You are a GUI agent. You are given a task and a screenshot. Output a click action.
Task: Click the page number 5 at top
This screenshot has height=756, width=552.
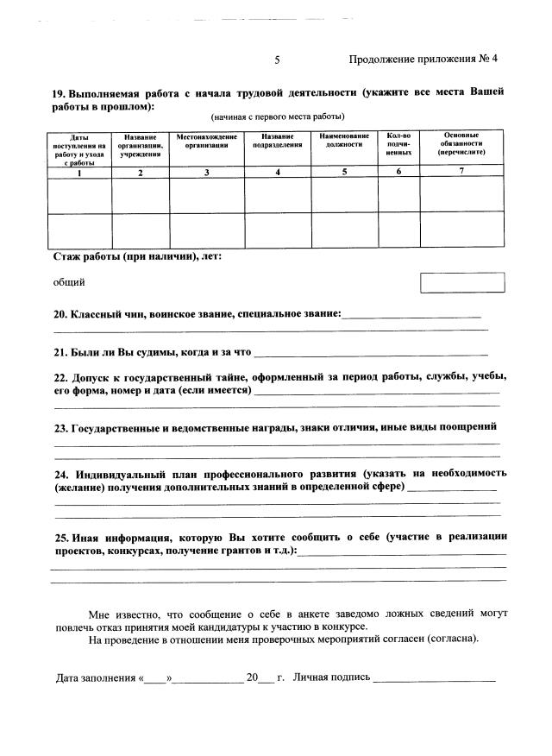click(x=277, y=60)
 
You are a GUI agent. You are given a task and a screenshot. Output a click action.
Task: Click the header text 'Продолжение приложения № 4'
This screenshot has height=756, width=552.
click(x=423, y=60)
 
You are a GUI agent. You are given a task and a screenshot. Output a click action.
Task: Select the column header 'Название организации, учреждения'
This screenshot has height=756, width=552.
click(x=141, y=145)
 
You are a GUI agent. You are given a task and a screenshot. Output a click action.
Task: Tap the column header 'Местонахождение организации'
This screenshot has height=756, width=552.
click(x=206, y=142)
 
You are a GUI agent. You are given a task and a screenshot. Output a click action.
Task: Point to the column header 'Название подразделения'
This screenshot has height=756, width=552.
click(x=278, y=142)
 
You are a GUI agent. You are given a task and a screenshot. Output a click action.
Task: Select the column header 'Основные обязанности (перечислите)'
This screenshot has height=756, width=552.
click(x=461, y=143)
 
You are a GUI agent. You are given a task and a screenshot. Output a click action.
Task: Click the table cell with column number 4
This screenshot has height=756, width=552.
click(x=278, y=172)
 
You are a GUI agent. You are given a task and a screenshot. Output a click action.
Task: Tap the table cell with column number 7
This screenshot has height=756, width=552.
click(x=461, y=172)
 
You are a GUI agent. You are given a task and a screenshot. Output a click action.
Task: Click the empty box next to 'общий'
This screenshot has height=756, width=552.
click(x=461, y=282)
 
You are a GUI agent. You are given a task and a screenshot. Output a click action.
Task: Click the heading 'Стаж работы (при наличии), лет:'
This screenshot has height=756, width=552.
click(x=137, y=256)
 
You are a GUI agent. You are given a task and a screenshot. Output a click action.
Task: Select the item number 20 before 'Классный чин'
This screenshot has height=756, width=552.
click(x=60, y=315)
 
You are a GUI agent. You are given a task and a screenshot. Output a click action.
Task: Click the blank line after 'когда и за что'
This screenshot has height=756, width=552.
click(x=371, y=352)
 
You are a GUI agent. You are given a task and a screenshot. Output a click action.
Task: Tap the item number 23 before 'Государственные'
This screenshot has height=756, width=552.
click(x=60, y=427)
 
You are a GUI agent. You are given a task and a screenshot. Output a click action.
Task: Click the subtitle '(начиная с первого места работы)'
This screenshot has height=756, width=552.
click(x=278, y=117)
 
